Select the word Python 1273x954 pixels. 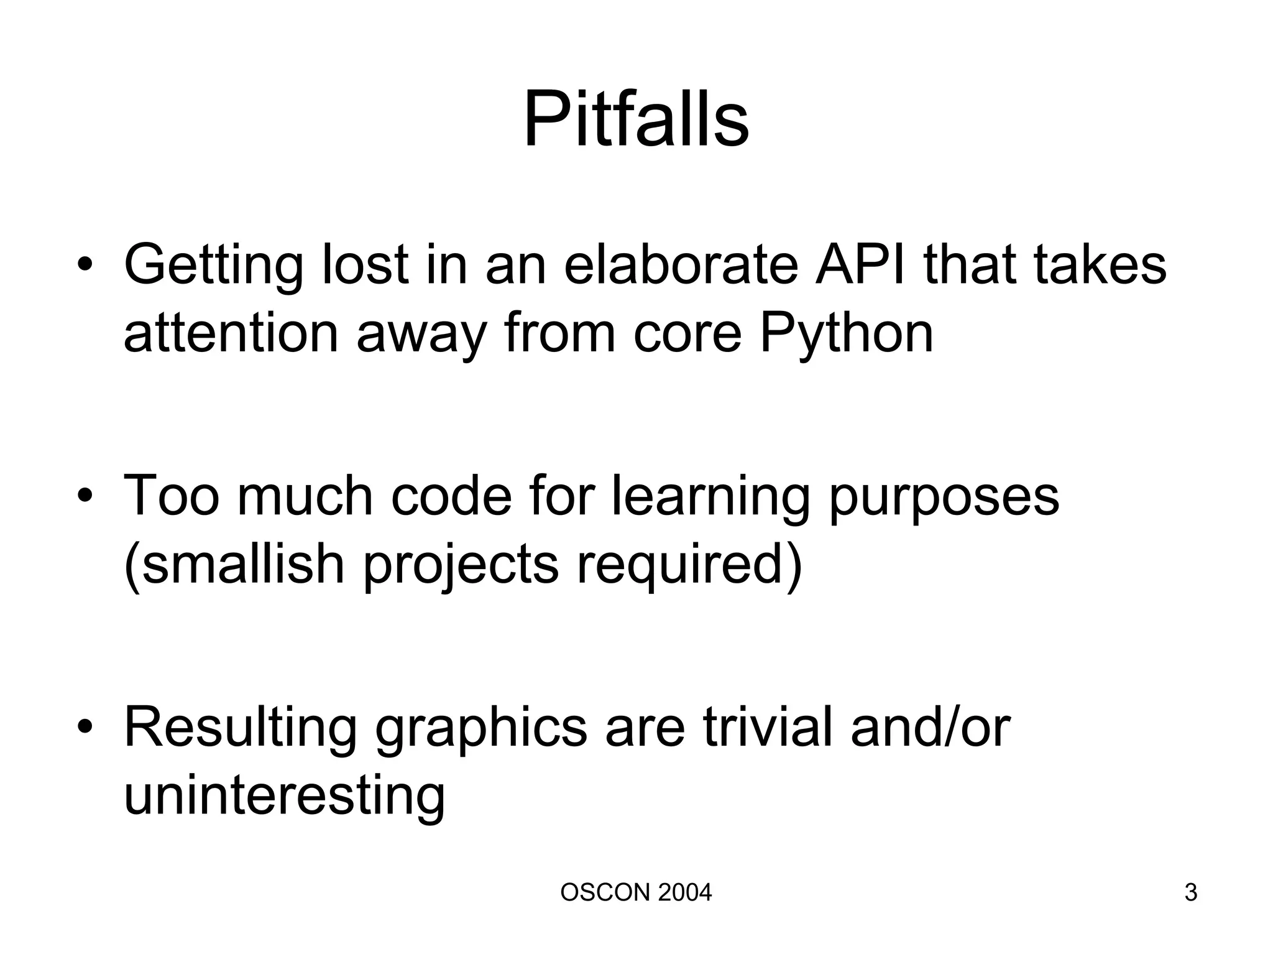point(847,333)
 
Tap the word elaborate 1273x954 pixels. point(681,264)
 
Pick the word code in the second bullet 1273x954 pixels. point(451,496)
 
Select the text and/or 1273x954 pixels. point(930,727)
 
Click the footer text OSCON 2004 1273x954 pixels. point(636,892)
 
